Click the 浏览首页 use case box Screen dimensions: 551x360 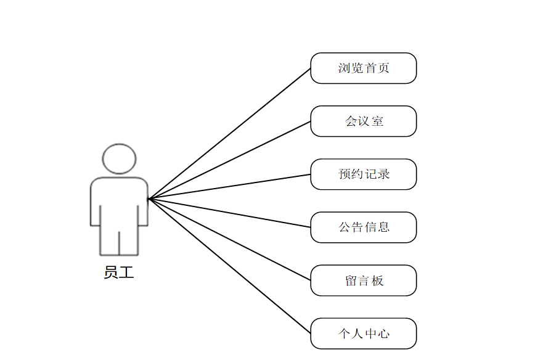364,68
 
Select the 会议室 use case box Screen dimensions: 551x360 364,121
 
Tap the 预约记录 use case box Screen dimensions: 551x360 364,174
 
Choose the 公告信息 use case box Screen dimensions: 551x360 364,227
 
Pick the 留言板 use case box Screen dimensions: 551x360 364,280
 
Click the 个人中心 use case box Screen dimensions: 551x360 364,333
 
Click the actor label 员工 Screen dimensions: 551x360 119,272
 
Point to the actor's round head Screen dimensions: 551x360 119,158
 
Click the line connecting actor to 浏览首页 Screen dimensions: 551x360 229,134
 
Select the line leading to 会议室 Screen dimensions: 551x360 229,160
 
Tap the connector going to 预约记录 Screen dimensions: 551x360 229,187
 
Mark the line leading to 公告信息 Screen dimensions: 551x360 229,213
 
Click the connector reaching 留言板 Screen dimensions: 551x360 229,239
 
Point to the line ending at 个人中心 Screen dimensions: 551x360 229,266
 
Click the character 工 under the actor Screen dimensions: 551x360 126,272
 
